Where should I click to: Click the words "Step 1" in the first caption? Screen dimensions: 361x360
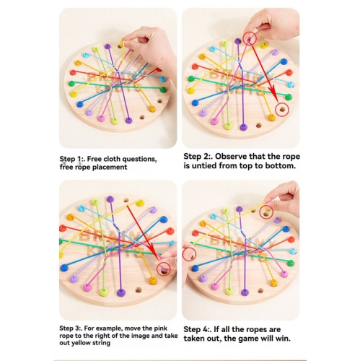pyautogui.click(x=72, y=158)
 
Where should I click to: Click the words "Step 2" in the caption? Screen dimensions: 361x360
pyautogui.click(x=198, y=155)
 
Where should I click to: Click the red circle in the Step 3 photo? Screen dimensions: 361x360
pyautogui.click(x=165, y=269)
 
